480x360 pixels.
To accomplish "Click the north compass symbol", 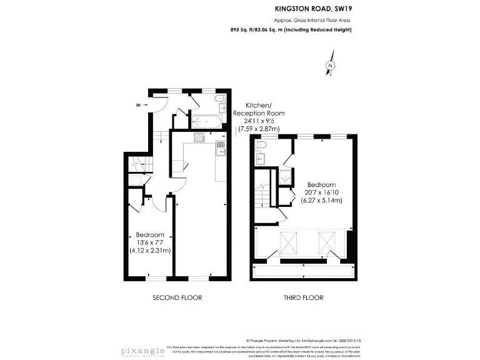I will (329, 66).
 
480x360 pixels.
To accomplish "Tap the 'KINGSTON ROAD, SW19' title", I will (309, 9).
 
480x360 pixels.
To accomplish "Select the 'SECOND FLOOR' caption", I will (177, 297).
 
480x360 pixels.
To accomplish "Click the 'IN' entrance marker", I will (138, 104).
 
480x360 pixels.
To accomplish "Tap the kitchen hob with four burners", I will (200, 138).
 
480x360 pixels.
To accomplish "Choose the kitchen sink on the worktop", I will (221, 149).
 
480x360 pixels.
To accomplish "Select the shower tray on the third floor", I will (284, 177).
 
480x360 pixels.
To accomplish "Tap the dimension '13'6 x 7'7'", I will (150, 242).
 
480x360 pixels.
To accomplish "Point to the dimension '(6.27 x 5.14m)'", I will (322, 201).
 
